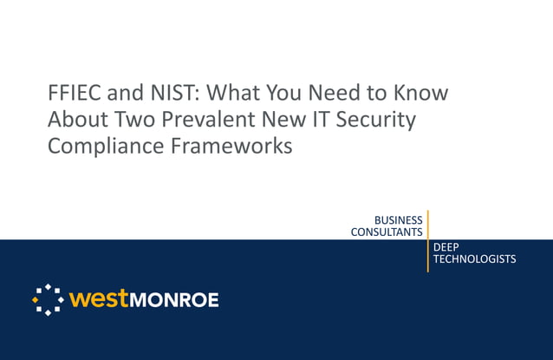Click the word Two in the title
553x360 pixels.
click(130, 120)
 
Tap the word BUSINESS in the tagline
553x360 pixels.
click(398, 220)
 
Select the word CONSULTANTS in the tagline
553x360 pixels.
click(387, 232)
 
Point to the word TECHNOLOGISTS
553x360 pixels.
click(474, 259)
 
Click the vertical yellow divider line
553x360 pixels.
click(427, 240)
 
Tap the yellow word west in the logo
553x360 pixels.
click(99, 299)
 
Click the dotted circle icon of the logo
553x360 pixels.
click(48, 299)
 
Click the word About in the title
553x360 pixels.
click(75, 120)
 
